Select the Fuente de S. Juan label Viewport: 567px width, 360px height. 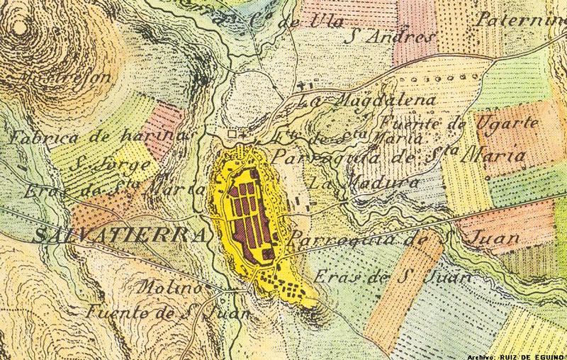pyautogui.click(x=167, y=311)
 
